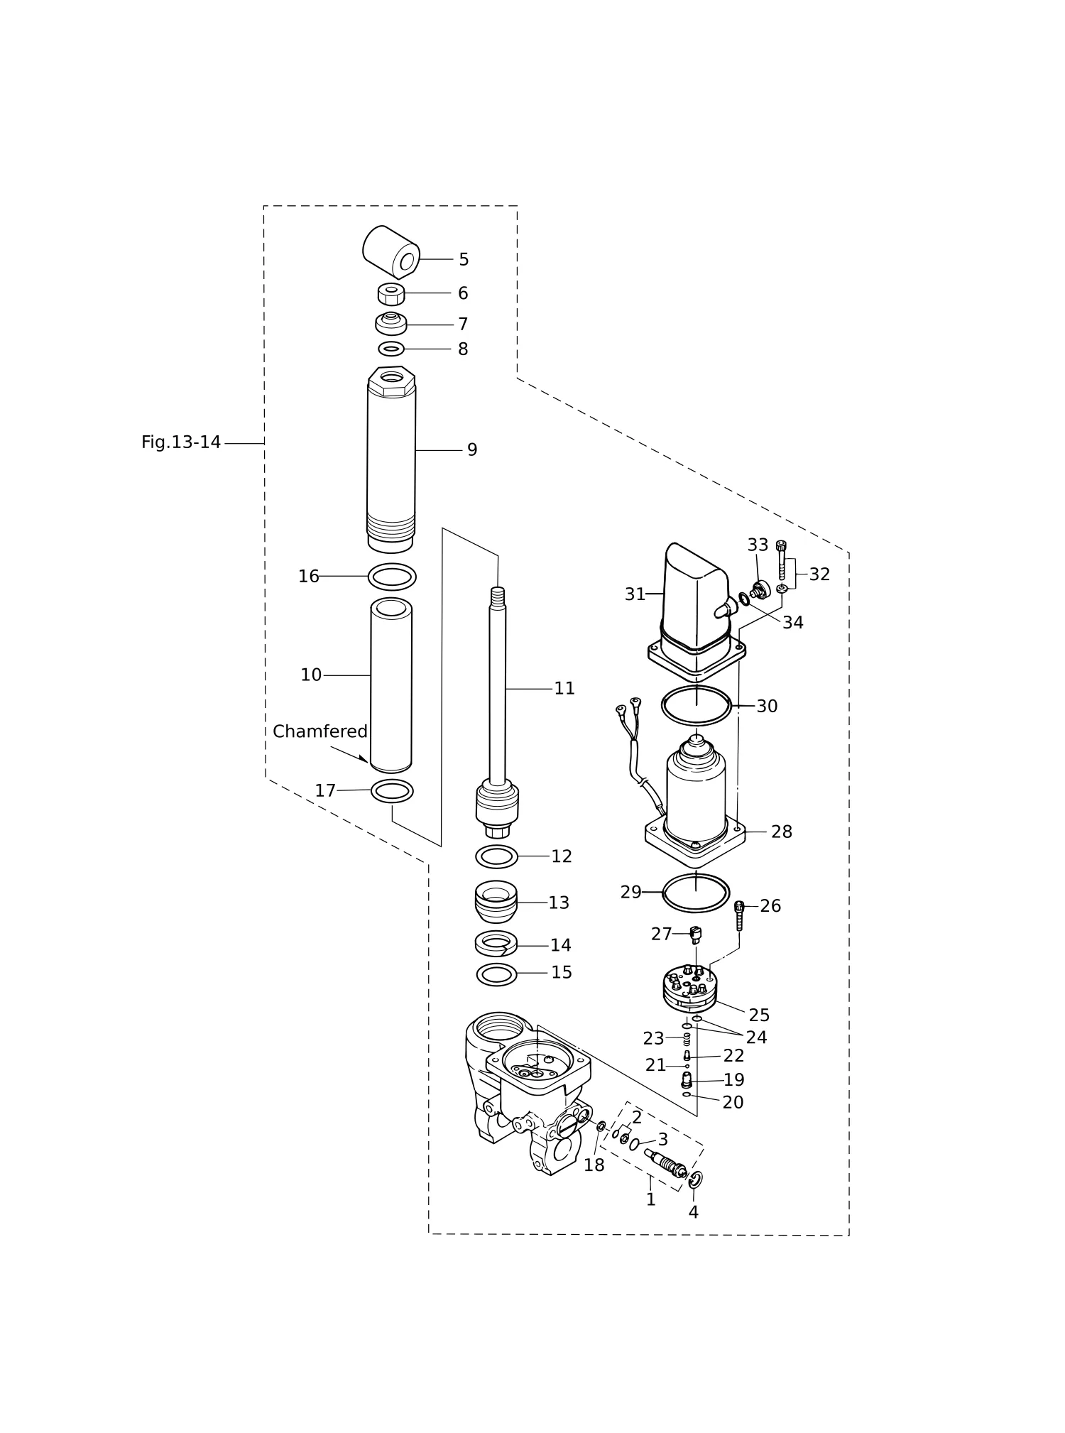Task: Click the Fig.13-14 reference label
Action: (x=181, y=442)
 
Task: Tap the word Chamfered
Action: (x=320, y=731)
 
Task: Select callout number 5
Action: (x=464, y=260)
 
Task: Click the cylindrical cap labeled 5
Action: (x=391, y=252)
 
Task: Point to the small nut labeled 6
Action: (x=391, y=293)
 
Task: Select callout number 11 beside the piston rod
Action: (x=564, y=688)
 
